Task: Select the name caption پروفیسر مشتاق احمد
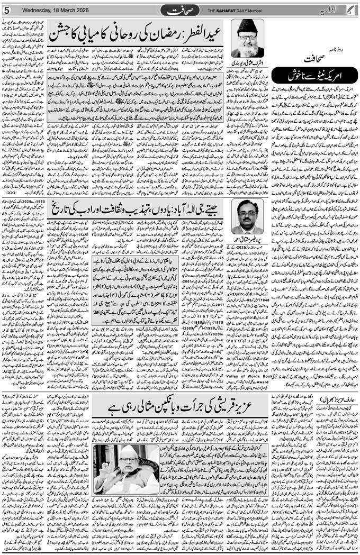tap(247, 238)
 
